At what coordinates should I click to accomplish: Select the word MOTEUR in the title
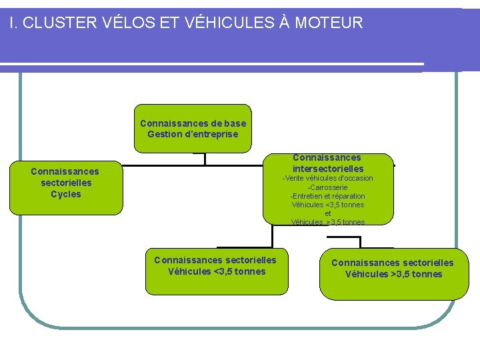point(329,23)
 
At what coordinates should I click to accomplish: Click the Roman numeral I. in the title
point(14,23)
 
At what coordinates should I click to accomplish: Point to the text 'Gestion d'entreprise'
point(193,134)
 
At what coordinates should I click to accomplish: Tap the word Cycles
point(66,195)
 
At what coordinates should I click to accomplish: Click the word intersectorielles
point(328,169)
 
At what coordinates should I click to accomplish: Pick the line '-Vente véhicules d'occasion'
point(327,178)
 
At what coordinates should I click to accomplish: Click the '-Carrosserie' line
point(327,187)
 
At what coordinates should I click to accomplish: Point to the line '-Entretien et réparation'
point(327,196)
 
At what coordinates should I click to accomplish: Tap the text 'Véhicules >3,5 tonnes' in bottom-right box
point(393,274)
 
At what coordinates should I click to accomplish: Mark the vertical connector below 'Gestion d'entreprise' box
point(205,159)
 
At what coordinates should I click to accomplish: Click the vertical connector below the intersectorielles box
point(273,236)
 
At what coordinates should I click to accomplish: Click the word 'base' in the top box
point(235,123)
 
